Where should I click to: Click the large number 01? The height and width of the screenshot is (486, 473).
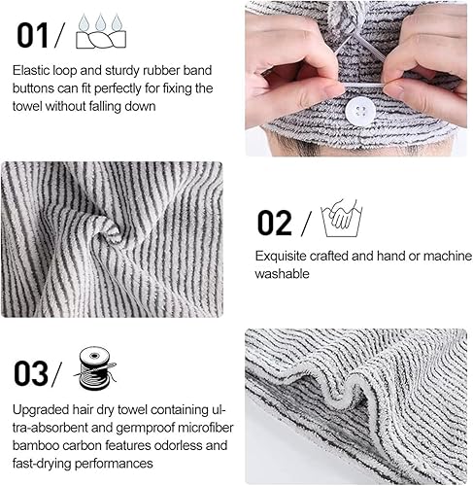click(32, 35)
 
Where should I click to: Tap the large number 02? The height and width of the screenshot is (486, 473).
click(275, 223)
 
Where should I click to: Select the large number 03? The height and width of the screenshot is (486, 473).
click(31, 373)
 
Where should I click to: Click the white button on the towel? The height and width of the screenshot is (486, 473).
click(360, 111)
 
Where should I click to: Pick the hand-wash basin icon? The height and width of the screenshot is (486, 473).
click(342, 218)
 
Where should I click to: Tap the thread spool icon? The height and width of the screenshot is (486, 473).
click(95, 367)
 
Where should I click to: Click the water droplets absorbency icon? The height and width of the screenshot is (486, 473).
click(101, 31)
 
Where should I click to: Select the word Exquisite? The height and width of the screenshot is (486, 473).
click(281, 257)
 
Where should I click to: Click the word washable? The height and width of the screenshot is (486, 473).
click(282, 274)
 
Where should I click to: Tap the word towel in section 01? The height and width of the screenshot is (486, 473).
click(27, 106)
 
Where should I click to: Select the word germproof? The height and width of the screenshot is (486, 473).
click(145, 429)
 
